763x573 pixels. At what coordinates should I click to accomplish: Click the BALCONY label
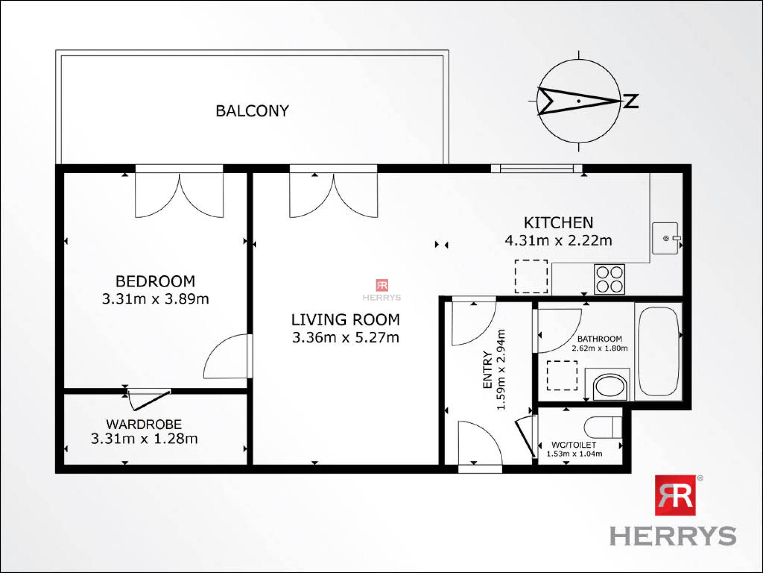point(252,111)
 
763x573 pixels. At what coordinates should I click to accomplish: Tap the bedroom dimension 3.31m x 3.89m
point(155,299)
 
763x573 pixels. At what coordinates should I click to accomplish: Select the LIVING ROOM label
point(345,320)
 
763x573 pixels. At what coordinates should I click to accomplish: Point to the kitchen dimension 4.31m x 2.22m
point(558,240)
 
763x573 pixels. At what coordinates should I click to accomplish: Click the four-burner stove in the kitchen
point(610,279)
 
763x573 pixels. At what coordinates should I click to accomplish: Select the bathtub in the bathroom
point(658,351)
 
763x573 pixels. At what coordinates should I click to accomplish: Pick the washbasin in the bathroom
point(608,385)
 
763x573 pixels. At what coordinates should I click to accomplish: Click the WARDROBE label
point(144,424)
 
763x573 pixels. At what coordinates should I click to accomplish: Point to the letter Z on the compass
point(631,101)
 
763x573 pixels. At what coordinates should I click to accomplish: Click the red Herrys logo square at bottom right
point(675,495)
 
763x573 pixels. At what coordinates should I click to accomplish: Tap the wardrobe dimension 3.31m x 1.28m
point(144,439)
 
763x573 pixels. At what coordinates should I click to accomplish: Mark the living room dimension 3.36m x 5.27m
point(345,337)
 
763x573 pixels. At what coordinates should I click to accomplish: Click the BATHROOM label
point(600,339)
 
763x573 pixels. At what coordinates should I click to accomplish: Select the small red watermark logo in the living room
point(382,285)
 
